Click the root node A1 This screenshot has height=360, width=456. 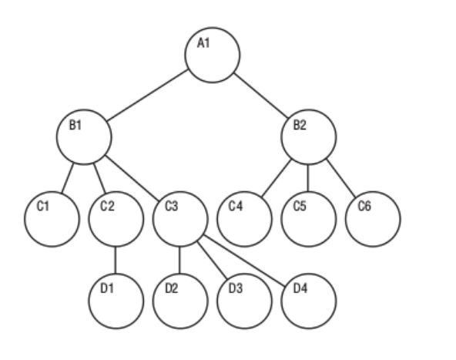click(x=213, y=56)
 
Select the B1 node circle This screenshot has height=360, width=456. click(x=84, y=137)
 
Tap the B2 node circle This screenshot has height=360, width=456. click(x=309, y=137)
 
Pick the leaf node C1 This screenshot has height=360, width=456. click(x=52, y=219)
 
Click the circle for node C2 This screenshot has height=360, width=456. click(x=116, y=219)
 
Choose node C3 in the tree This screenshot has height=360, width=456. click(x=180, y=219)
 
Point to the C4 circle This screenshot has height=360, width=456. click(x=245, y=219)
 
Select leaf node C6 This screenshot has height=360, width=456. click(x=373, y=219)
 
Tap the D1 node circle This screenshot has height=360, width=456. click(x=116, y=301)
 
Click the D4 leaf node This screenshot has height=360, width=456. click(x=309, y=301)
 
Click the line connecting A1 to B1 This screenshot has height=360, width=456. click(x=147, y=96)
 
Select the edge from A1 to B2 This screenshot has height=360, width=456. click(x=261, y=96)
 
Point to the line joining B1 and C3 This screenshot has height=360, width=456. click(x=132, y=178)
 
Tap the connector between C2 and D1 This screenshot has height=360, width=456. click(x=116, y=261)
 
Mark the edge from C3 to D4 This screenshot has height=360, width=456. click(x=243, y=261)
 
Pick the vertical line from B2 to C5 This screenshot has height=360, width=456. click(x=308, y=178)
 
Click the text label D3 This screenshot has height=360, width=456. click(x=236, y=288)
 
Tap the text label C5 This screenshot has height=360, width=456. click(x=300, y=206)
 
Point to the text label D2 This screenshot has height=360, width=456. click(x=172, y=288)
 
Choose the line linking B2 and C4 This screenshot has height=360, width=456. click(x=277, y=178)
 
